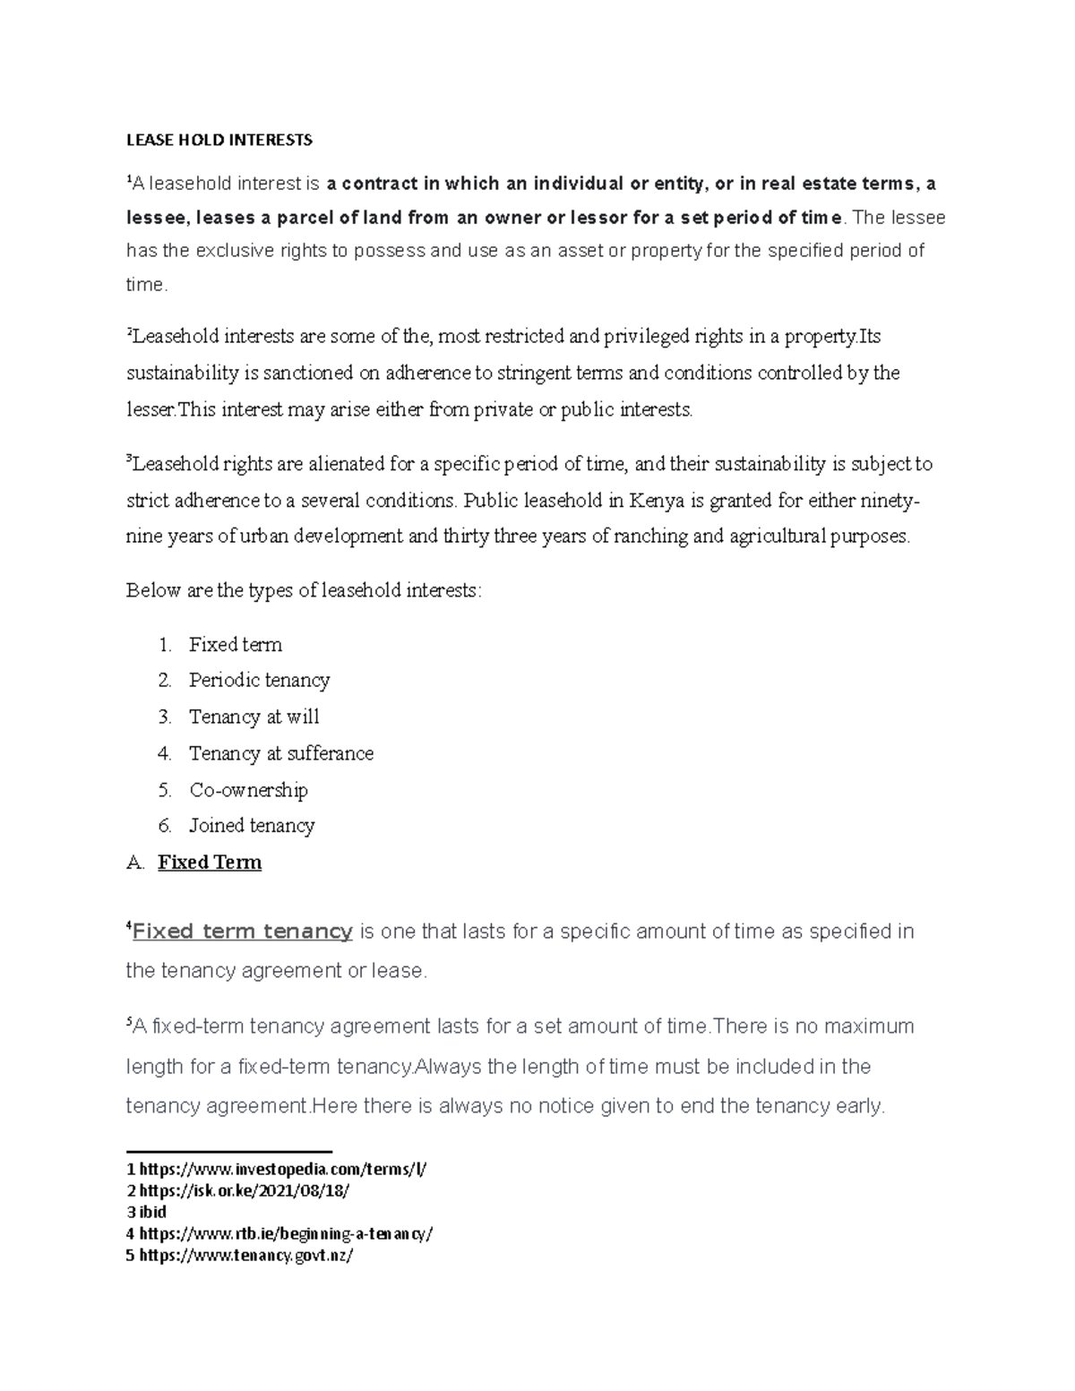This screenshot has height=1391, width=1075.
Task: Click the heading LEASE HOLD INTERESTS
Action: pyautogui.click(x=219, y=140)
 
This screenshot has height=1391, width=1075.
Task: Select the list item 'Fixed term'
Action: pyautogui.click(x=235, y=645)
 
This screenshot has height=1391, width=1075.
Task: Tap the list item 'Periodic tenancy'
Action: pyautogui.click(x=259, y=681)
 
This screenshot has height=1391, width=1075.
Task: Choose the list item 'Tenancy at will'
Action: pyautogui.click(x=254, y=717)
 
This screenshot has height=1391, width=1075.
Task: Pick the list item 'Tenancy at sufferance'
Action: pyautogui.click(x=280, y=754)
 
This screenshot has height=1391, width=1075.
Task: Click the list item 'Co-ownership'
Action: pyautogui.click(x=248, y=790)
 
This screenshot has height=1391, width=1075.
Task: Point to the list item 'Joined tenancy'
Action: pyautogui.click(x=252, y=826)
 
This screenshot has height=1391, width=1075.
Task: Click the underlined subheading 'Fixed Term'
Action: pyautogui.click(x=210, y=863)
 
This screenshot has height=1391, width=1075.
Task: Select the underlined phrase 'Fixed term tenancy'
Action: pyautogui.click(x=242, y=932)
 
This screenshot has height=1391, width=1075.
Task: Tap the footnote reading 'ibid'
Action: pyautogui.click(x=153, y=1212)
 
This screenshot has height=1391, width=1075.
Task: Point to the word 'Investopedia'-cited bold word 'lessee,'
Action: pyautogui.click(x=158, y=218)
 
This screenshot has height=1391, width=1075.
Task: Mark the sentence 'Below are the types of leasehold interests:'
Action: pyautogui.click(x=304, y=591)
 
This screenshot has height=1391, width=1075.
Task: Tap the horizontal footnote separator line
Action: pyautogui.click(x=229, y=1152)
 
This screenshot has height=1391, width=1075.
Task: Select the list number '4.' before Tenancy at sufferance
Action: pyautogui.click(x=164, y=754)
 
